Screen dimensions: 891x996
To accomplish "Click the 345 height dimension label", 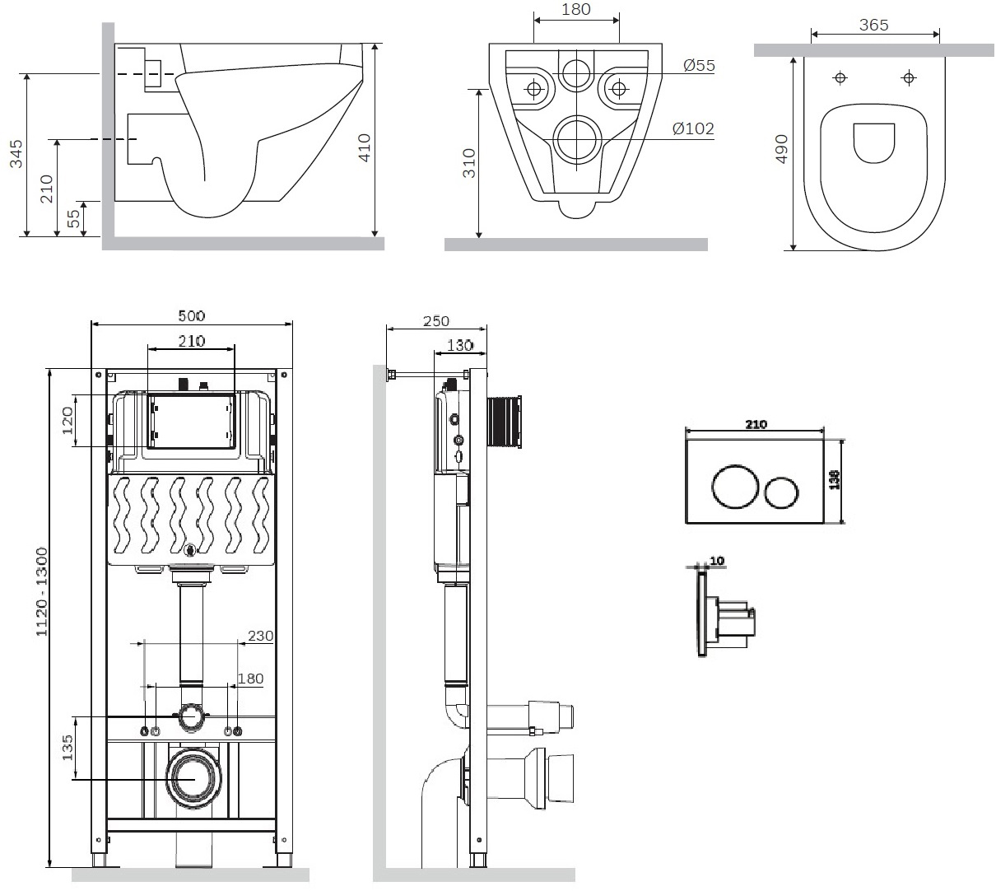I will click(x=16, y=154).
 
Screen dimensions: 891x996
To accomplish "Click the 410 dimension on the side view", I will click(x=365, y=146).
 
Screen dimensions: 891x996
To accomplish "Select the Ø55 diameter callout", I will click(x=699, y=66).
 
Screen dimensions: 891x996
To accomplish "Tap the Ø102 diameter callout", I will click(x=692, y=128).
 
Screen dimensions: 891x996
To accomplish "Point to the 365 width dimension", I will click(x=873, y=26).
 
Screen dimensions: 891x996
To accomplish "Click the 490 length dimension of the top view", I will click(x=782, y=149).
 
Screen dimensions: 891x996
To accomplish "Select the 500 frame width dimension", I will click(x=191, y=315).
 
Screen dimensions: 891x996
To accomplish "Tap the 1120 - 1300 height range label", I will click(x=41, y=591).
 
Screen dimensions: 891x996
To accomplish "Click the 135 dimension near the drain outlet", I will click(x=67, y=747).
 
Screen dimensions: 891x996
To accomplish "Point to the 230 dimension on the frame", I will click(x=260, y=636).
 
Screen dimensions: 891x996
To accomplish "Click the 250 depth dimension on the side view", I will click(x=436, y=321).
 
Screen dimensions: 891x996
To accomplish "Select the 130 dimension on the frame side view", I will click(x=459, y=345).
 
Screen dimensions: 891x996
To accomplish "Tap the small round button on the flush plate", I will click(x=780, y=492).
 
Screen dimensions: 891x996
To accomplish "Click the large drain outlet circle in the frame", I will click(x=194, y=777).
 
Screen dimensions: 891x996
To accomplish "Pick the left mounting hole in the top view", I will click(x=840, y=78).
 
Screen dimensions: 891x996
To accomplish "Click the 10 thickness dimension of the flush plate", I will click(x=716, y=561).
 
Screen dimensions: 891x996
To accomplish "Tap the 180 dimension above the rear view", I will click(x=575, y=10).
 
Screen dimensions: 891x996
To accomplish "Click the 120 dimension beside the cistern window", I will click(x=67, y=420).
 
